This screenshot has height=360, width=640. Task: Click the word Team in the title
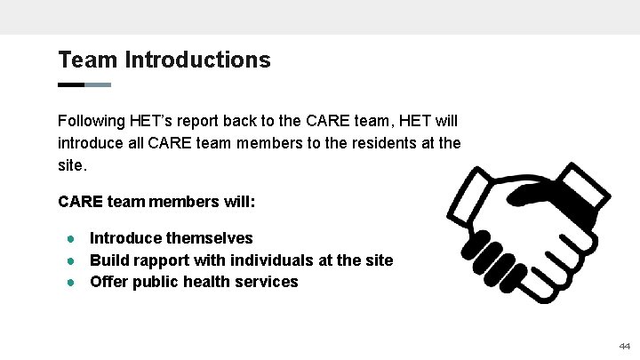tap(88, 60)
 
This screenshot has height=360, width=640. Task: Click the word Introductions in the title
tap(198, 60)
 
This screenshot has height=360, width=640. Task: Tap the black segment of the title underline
tap(71, 85)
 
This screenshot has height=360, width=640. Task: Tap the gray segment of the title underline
tap(98, 85)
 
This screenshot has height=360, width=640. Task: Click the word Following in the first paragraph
tap(92, 120)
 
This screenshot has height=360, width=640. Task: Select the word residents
tap(365, 143)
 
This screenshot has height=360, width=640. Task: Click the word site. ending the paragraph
tap(73, 165)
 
